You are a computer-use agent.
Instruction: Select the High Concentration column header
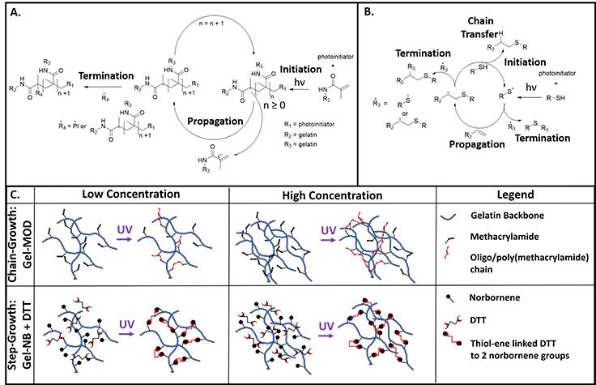tap(333, 195)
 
